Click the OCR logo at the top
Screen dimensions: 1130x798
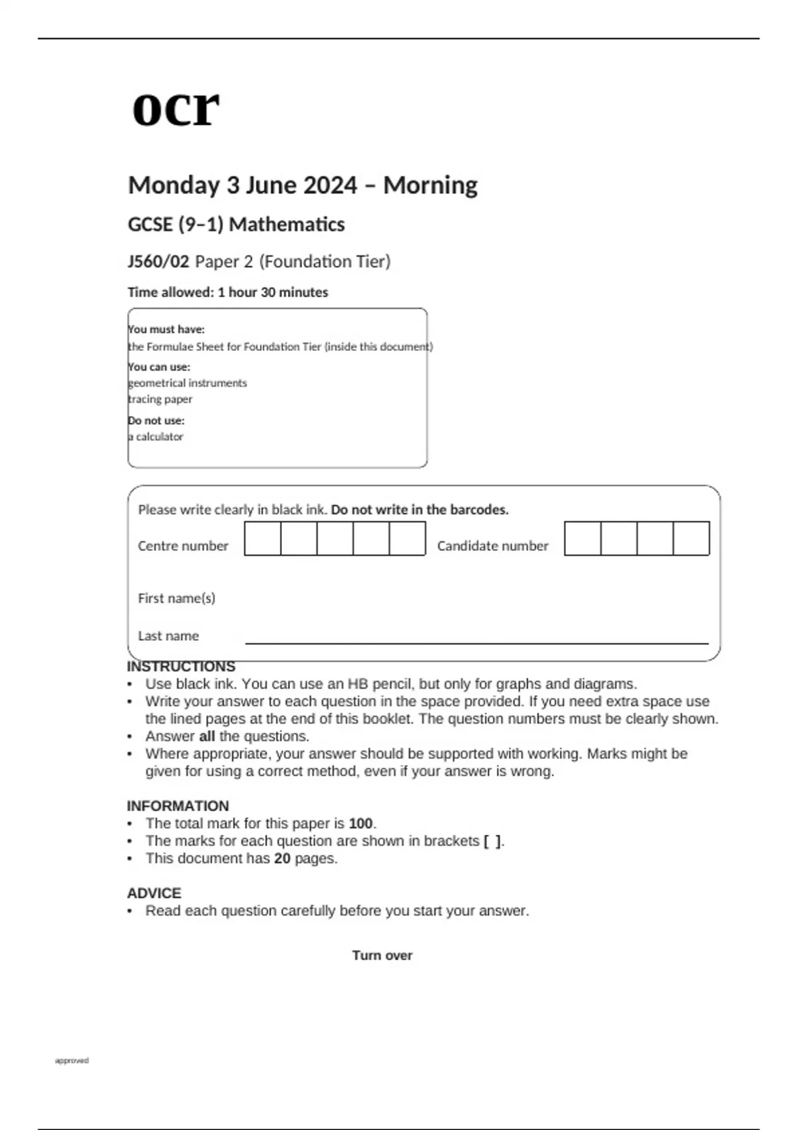click(x=176, y=108)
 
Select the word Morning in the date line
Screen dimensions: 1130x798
click(x=430, y=185)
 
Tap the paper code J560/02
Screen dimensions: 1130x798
click(x=158, y=262)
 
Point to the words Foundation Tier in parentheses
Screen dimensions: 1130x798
click(x=325, y=262)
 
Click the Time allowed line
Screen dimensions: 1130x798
click(x=227, y=292)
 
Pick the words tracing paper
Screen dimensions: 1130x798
click(x=160, y=399)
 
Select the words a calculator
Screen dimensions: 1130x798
click(x=156, y=437)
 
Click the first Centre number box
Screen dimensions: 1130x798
click(x=263, y=538)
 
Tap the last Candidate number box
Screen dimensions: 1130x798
click(x=691, y=538)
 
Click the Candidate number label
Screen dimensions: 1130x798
click(x=493, y=546)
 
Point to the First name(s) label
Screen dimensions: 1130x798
click(x=176, y=598)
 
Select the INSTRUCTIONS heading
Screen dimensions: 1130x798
click(x=181, y=667)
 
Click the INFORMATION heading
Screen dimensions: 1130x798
click(x=178, y=806)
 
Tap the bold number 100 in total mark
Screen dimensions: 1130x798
click(x=360, y=824)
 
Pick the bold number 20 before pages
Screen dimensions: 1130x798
click(x=283, y=859)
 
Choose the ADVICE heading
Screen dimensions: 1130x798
click(x=154, y=893)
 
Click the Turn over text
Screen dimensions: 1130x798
click(x=382, y=956)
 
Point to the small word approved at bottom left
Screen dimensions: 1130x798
click(x=72, y=1061)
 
